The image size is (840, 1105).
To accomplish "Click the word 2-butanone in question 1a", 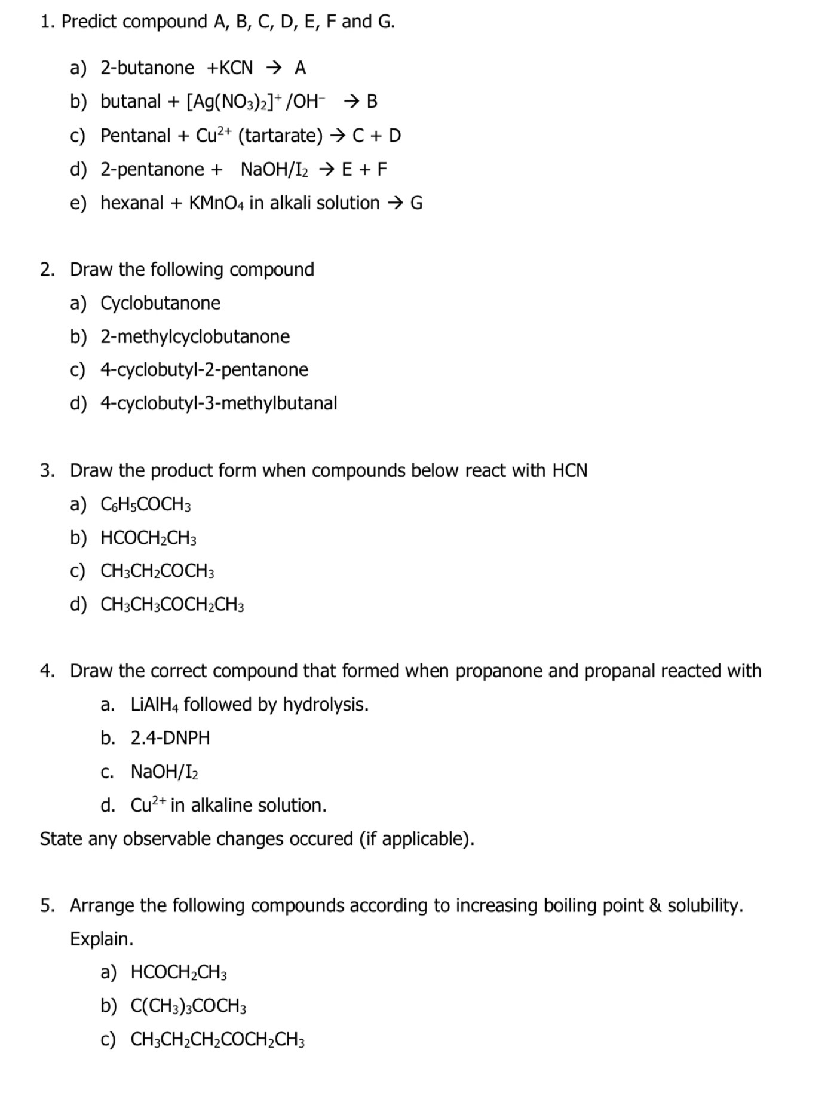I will [147, 68].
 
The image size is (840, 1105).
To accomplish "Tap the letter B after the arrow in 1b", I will [372, 102].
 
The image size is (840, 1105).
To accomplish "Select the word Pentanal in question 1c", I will [136, 136].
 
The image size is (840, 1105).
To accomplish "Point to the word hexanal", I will [132, 203].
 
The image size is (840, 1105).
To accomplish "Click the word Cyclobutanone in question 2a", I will [160, 303].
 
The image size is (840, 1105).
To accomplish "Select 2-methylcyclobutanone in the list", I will [195, 336].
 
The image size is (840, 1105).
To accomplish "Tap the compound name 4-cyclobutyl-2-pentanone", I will [204, 370].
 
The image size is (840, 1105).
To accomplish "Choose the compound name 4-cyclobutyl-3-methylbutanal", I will [219, 403].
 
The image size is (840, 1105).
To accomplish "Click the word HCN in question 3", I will [569, 471].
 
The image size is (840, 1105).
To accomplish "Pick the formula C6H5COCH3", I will [146, 505].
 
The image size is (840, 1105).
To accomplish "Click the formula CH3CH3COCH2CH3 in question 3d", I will [172, 605].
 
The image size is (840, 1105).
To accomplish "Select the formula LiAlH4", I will [154, 705].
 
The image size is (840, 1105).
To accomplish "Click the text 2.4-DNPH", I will [170, 738].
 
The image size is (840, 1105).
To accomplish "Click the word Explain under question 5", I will [102, 939].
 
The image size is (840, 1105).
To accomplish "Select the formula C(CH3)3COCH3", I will [188, 1006].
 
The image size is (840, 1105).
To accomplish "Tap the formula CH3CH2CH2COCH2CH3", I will [217, 1040].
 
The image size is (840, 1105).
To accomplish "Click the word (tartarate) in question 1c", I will [280, 136].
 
